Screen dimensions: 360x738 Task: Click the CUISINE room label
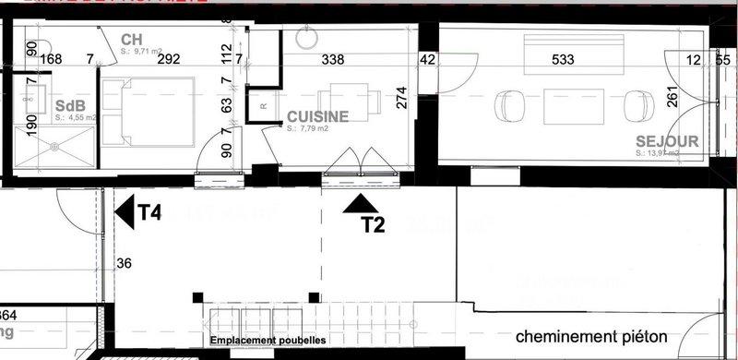click(x=317, y=117)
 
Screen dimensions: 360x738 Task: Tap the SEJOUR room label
click(x=666, y=142)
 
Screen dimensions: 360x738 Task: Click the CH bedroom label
click(x=131, y=39)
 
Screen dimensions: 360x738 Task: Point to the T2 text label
click(x=373, y=223)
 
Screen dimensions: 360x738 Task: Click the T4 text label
click(x=149, y=213)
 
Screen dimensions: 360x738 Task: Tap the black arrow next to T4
click(x=125, y=212)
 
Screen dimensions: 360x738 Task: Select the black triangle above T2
click(x=357, y=204)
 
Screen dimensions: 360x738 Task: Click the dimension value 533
click(x=563, y=60)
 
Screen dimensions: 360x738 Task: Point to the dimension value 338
click(x=333, y=60)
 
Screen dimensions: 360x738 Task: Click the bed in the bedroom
click(x=148, y=111)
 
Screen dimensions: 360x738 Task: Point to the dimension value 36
click(x=125, y=263)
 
